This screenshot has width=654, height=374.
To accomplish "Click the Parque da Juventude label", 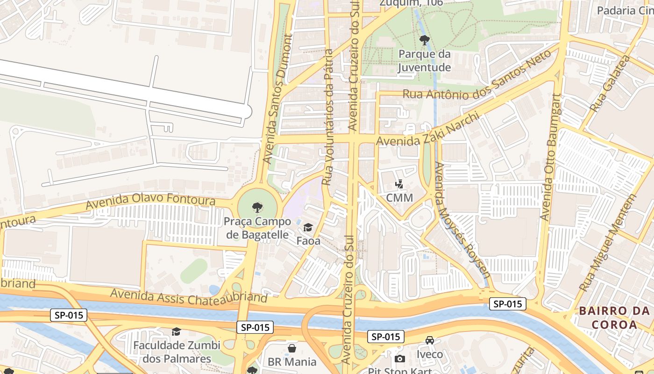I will click(x=424, y=61).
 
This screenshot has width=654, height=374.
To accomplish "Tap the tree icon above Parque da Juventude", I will click(x=424, y=40).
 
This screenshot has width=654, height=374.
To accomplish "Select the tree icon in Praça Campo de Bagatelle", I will click(x=257, y=207).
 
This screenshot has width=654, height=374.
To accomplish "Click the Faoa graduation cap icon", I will click(x=308, y=228).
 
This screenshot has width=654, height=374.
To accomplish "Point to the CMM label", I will click(x=399, y=198).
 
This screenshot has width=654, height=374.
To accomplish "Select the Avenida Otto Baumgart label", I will click(x=550, y=157).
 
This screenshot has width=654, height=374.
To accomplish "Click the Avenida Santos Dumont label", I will click(x=277, y=98).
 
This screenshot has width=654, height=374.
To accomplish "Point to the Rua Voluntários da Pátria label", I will click(x=328, y=117).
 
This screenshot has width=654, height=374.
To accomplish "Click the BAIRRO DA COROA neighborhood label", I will click(x=615, y=317).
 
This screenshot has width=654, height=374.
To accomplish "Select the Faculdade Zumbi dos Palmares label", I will click(x=177, y=352).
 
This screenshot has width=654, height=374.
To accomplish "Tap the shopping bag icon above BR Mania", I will click(x=292, y=348).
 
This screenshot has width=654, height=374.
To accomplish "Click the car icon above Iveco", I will click(x=430, y=340).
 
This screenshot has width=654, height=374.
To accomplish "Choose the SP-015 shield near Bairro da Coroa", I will click(x=508, y=304).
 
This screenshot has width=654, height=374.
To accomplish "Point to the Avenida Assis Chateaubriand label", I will click(x=189, y=296).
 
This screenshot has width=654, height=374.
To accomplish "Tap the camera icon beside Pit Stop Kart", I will click(x=400, y=359).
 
